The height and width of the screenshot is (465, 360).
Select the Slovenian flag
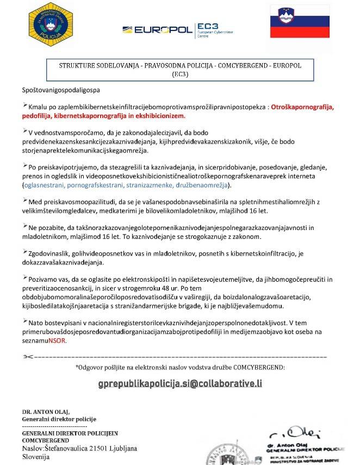tap(300, 22)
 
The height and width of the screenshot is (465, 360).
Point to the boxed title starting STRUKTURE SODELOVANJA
tap(179, 70)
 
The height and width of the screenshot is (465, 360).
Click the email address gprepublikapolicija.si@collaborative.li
tap(180, 383)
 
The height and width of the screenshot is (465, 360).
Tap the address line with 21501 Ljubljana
tap(79, 449)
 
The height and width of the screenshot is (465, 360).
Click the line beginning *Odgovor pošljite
tap(180, 367)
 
